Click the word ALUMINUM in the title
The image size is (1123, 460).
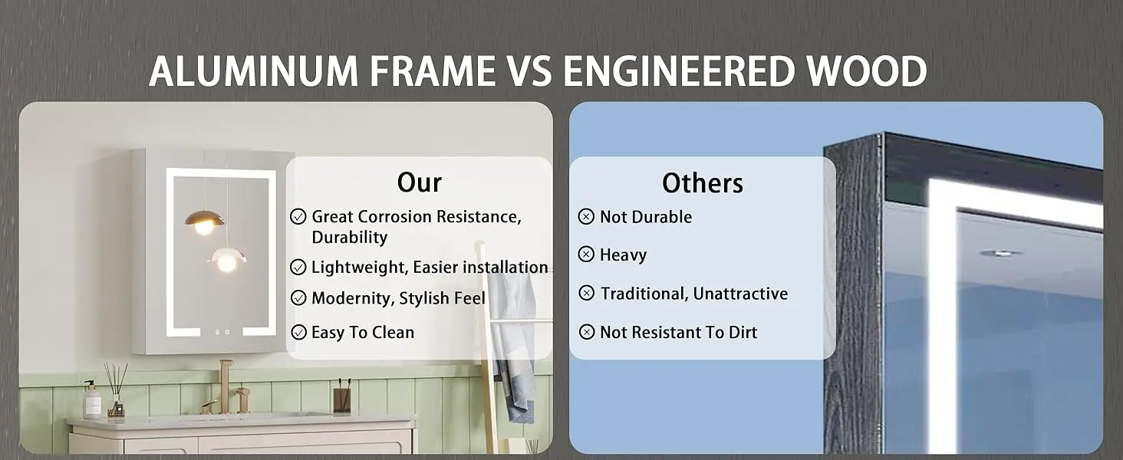(254, 71)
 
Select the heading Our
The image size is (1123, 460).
(419, 182)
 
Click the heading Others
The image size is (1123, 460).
(703, 183)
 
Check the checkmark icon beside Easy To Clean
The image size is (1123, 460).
(299, 332)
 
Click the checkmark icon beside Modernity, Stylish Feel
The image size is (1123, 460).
(298, 298)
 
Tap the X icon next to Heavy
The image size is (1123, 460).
(586, 255)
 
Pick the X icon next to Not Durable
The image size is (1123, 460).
(586, 216)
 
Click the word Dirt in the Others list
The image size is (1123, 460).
(743, 332)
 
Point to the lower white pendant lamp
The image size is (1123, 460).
(227, 260)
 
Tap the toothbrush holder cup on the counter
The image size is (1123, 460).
(342, 399)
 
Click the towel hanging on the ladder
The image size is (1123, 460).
(511, 346)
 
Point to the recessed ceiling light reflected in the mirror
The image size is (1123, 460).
(1001, 253)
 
